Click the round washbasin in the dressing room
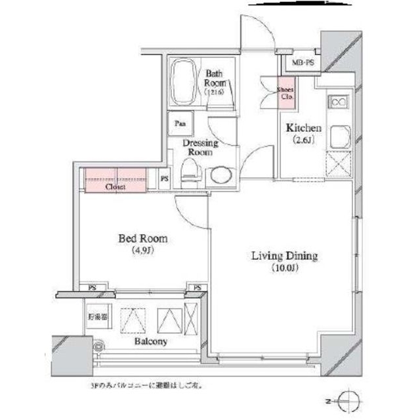(219, 176)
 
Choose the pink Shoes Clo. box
(286, 93)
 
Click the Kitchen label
(303, 129)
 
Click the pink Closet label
(115, 186)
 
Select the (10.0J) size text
(285, 268)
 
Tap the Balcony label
(152, 342)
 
